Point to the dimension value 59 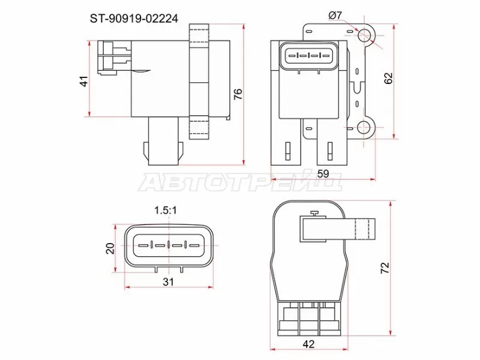tap(323, 175)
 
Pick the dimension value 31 tap(169, 281)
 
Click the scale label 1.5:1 tap(168, 210)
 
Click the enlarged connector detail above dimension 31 tap(169, 246)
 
